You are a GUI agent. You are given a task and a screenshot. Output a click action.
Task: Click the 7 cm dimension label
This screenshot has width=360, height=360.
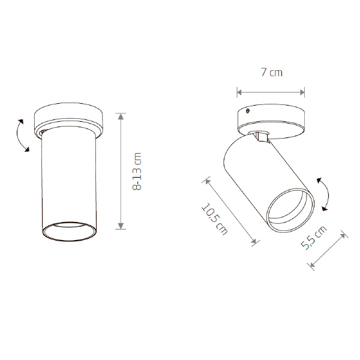coord(272,73)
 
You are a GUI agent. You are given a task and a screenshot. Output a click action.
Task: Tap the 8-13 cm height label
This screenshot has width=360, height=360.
coord(137,171)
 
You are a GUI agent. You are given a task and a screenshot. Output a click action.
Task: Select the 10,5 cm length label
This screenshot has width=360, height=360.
coord(214,219)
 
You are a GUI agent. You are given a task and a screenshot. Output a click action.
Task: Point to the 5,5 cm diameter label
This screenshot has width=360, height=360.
coord(314,238)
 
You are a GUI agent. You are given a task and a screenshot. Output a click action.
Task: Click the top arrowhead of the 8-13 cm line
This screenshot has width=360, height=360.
coord(121,116)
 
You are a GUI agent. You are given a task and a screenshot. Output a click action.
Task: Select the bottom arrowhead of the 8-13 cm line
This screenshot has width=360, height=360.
coord(121,226)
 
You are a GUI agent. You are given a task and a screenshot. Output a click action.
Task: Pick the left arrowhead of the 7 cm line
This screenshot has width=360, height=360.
coord(239,92)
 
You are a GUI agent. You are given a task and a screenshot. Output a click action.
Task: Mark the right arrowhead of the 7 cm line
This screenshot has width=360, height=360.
coord(302,92)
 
